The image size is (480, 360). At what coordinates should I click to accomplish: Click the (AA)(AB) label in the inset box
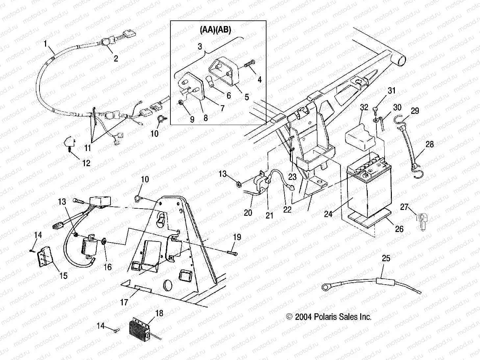[x=215, y=30]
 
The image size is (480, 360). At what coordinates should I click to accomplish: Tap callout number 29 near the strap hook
[x=415, y=111]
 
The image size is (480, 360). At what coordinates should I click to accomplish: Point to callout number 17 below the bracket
[x=124, y=302]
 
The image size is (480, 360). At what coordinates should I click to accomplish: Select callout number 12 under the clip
[x=86, y=163]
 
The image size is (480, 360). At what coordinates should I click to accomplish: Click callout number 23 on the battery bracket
[x=292, y=177]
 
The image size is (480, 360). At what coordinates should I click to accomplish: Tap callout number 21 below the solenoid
[x=269, y=215]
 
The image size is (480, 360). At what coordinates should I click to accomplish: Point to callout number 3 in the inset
[x=200, y=46]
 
